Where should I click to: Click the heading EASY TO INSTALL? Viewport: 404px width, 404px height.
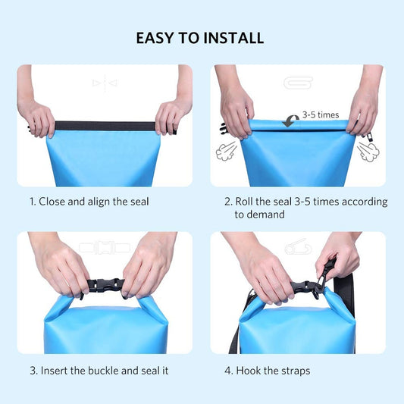201,37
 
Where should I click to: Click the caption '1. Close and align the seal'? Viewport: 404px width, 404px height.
89,202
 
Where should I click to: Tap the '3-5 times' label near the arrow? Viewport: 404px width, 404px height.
320,115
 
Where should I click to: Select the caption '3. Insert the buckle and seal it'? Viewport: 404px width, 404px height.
99,371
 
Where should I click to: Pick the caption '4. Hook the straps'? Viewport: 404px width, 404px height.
267,371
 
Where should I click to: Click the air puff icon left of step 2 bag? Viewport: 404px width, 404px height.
227,152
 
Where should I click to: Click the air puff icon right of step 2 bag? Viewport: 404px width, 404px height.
368,152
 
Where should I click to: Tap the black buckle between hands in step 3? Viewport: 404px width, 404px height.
104,287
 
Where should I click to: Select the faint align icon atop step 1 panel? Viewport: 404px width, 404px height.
105,83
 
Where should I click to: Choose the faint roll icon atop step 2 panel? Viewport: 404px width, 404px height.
297,83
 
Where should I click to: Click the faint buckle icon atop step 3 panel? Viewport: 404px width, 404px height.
105,248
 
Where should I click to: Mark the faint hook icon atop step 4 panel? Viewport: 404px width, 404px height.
297,248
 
